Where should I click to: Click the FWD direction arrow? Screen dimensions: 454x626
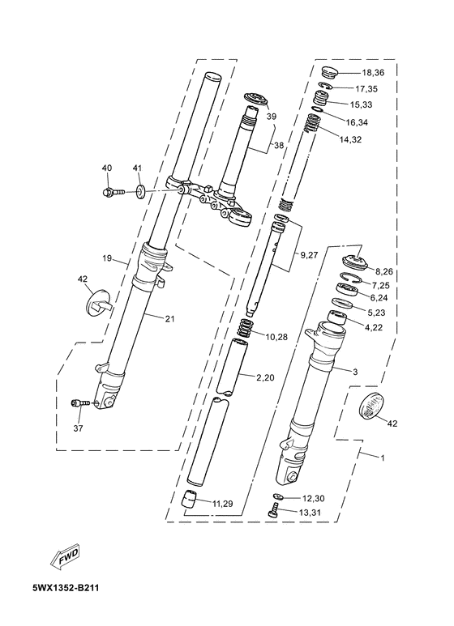pos(64,556)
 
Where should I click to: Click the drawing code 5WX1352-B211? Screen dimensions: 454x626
pos(66,588)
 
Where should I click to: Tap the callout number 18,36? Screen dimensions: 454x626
pos(373,73)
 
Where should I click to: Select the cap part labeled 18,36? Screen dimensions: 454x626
pos(330,74)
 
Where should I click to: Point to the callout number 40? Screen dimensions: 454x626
pos(107,168)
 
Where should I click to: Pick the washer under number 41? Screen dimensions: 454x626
pos(140,192)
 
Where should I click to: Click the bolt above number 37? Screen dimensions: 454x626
pos(79,403)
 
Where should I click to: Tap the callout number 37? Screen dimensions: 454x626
pos(78,428)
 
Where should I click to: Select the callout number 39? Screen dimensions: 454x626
pos(272,117)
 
